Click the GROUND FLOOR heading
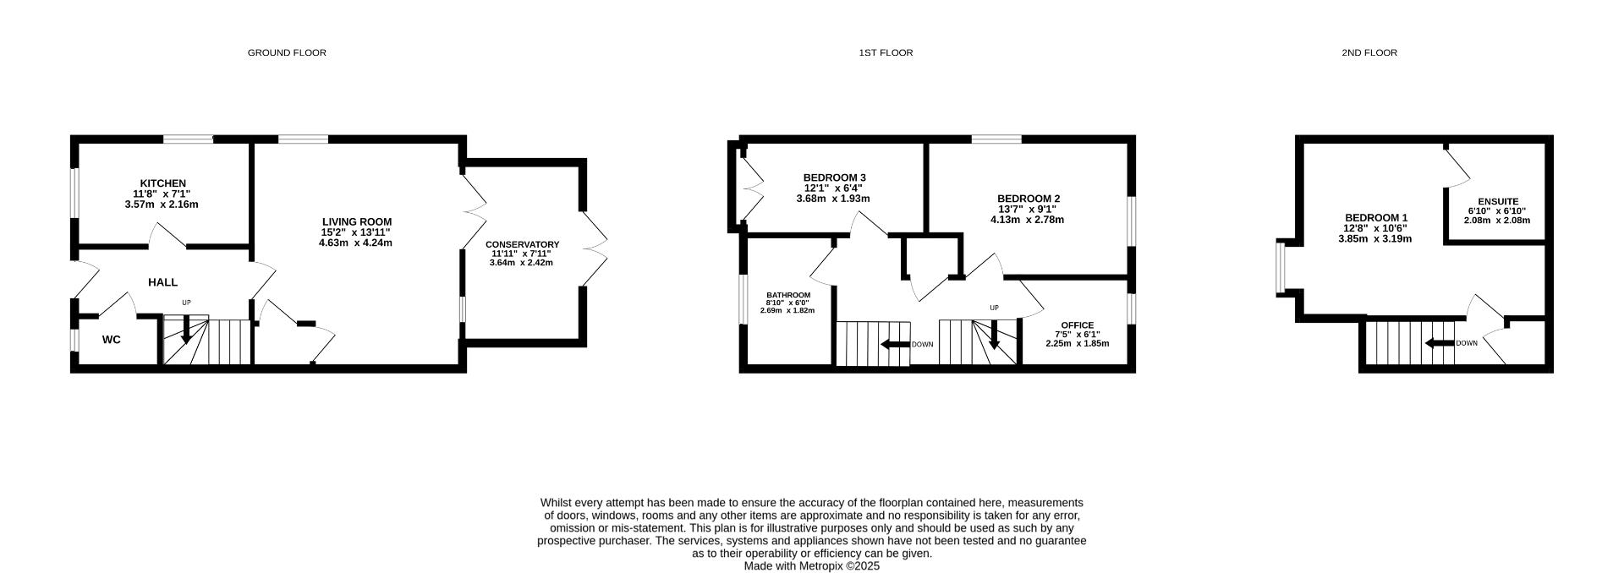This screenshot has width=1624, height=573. tap(287, 52)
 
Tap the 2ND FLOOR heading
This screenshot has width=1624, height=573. tap(1369, 52)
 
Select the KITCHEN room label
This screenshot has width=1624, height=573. tap(162, 183)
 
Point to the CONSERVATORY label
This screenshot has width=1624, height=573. tap(522, 245)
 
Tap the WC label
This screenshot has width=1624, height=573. tap(112, 340)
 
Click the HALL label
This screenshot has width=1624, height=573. tap(163, 282)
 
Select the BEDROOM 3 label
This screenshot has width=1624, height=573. tap(834, 177)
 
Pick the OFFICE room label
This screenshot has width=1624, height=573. tap(1077, 325)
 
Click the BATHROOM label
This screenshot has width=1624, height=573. tap(787, 295)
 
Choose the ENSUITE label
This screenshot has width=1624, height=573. tap(1498, 202)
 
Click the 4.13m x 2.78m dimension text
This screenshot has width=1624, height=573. tap(1026, 220)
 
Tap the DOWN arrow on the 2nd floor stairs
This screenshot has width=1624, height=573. tap(1435, 343)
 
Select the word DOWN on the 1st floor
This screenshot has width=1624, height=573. tap(922, 345)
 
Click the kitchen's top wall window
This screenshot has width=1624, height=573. tap(188, 139)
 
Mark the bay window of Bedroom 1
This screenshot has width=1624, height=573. tap(1281, 268)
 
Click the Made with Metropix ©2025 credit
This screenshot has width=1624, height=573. tap(811, 566)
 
